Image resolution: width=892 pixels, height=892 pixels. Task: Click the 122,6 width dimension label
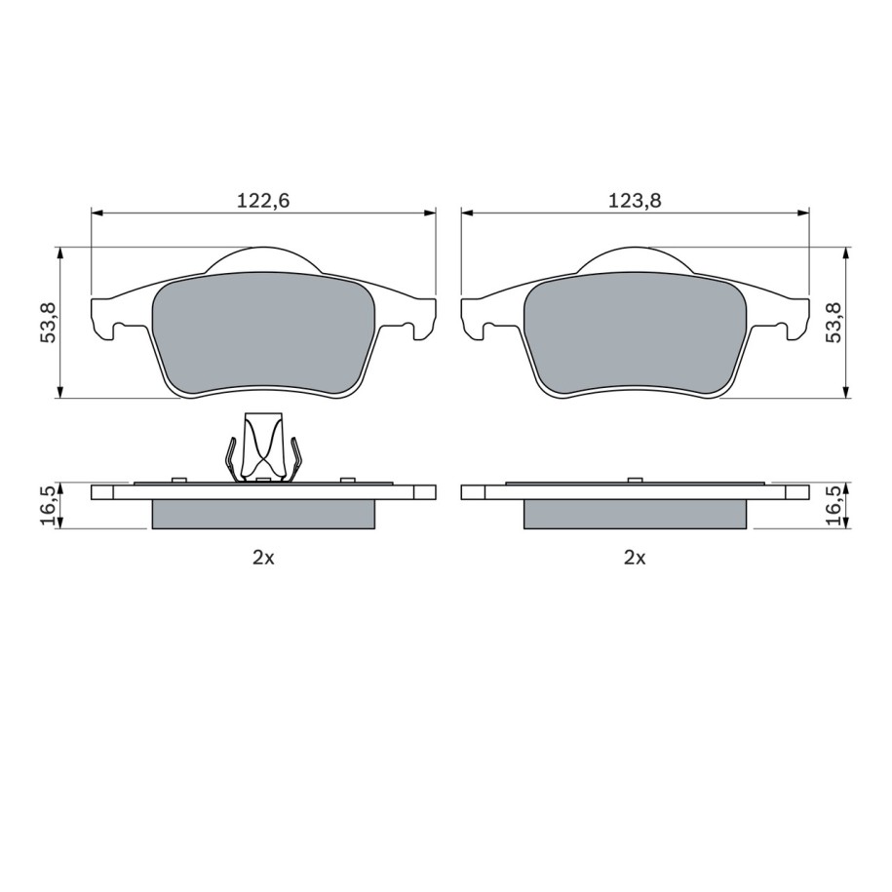[x=263, y=201]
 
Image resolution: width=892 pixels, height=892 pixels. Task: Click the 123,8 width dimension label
[x=635, y=201]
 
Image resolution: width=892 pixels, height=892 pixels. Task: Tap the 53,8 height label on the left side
[x=48, y=322]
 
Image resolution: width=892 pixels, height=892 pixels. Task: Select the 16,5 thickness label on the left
[x=48, y=506]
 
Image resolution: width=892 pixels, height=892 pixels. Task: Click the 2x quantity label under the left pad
[x=263, y=558]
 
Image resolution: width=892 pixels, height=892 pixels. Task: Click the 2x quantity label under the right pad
[x=635, y=558]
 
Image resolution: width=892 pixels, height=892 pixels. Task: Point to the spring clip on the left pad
[x=263, y=447]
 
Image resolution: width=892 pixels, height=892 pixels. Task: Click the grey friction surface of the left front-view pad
[x=263, y=332]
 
